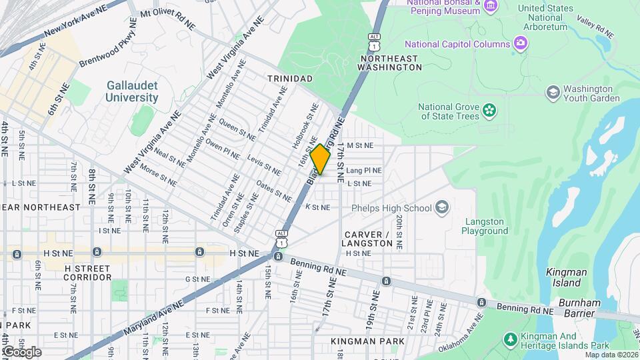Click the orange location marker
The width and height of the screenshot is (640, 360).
pos(321,159)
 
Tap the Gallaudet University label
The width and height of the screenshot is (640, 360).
pos(132,91)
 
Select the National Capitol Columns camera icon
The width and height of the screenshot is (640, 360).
pos(521,44)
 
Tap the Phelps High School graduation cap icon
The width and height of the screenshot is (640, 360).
pos(441,208)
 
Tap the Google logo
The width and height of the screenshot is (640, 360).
pos(21,352)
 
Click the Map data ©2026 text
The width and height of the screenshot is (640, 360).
pos(609,355)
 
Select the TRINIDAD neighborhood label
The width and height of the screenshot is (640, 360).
pos(289,79)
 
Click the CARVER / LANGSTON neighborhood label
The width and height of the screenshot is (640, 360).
pos(368,239)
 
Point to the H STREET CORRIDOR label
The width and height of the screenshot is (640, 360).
pos(87,272)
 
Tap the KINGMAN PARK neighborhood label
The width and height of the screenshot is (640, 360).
pos(367,341)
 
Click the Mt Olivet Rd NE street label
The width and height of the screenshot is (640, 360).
pos(168,19)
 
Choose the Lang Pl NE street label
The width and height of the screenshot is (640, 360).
pos(364,171)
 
